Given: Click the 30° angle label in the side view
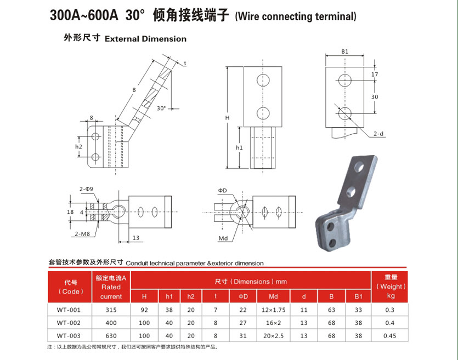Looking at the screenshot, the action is tap(161, 108).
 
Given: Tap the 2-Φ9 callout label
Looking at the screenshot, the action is tap(86, 189).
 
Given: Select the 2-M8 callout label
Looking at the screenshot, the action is tap(82, 233).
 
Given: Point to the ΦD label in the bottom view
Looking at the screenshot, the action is tap(222, 191).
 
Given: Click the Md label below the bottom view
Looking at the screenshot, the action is tap(223, 238).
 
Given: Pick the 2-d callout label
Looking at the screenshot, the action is tap(378, 134).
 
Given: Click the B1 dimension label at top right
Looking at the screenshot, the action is tap(344, 52).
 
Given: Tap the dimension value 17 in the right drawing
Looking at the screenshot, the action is tap(375, 75).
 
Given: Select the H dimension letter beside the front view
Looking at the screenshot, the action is tap(227, 118).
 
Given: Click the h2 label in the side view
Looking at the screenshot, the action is tap(78, 146).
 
